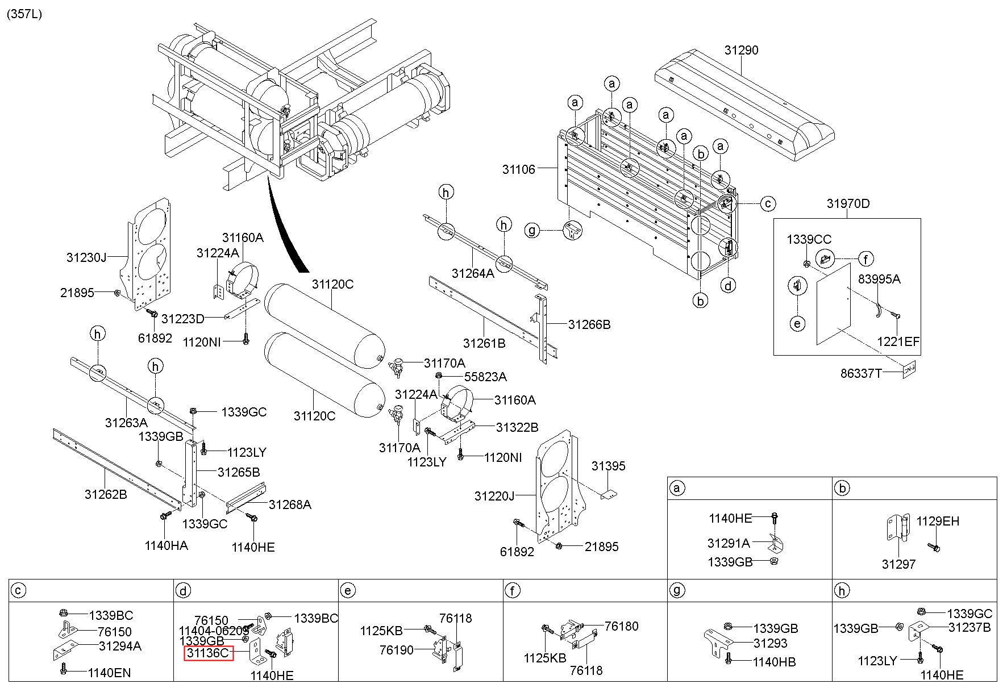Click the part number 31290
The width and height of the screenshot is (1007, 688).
[x=741, y=50]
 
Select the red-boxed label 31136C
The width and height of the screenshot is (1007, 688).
[x=208, y=653]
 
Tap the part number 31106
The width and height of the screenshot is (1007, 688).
[x=518, y=169]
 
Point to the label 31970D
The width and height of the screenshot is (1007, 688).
[x=848, y=203]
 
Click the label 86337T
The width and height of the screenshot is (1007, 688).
[x=862, y=373]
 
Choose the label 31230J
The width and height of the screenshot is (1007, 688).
[x=86, y=257]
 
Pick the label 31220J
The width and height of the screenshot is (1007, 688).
[x=494, y=496]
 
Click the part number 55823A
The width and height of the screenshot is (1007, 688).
[x=485, y=377]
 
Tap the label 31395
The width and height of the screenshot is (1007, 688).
[x=608, y=466]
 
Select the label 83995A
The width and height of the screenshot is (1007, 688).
[x=879, y=279]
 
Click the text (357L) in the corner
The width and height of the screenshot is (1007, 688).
[x=24, y=14]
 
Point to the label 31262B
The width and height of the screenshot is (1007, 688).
[x=106, y=494]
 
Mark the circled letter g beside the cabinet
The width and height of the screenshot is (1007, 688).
[x=532, y=231]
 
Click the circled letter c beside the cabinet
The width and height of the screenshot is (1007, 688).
[x=768, y=203]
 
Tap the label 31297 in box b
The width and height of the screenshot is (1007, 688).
[x=898, y=564]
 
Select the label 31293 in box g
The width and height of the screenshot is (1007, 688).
[x=771, y=643]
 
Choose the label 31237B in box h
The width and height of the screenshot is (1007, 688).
[x=969, y=627]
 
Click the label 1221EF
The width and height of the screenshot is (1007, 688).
[x=898, y=341]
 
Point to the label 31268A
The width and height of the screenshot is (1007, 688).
[x=290, y=504]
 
